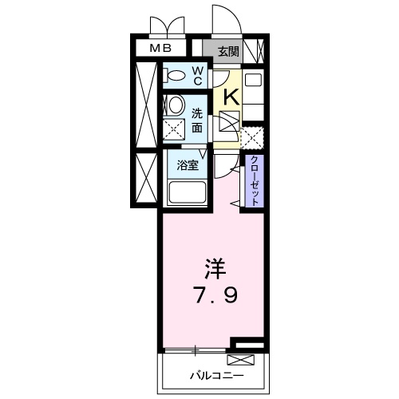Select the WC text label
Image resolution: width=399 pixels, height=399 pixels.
(x=196, y=77)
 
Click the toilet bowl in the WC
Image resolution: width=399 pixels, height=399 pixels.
(x=173, y=77)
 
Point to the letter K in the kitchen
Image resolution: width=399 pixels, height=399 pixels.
(x=230, y=97)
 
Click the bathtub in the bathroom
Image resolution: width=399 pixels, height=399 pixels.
(x=188, y=193)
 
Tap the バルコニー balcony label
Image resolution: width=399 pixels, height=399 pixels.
(x=215, y=373)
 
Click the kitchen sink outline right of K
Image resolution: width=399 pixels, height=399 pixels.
(x=253, y=81)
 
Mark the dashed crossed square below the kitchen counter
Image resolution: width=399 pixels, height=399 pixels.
(x=253, y=138)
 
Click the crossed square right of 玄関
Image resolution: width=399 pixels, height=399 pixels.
(x=255, y=50)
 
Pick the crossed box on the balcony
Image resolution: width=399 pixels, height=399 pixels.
(x=244, y=356)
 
